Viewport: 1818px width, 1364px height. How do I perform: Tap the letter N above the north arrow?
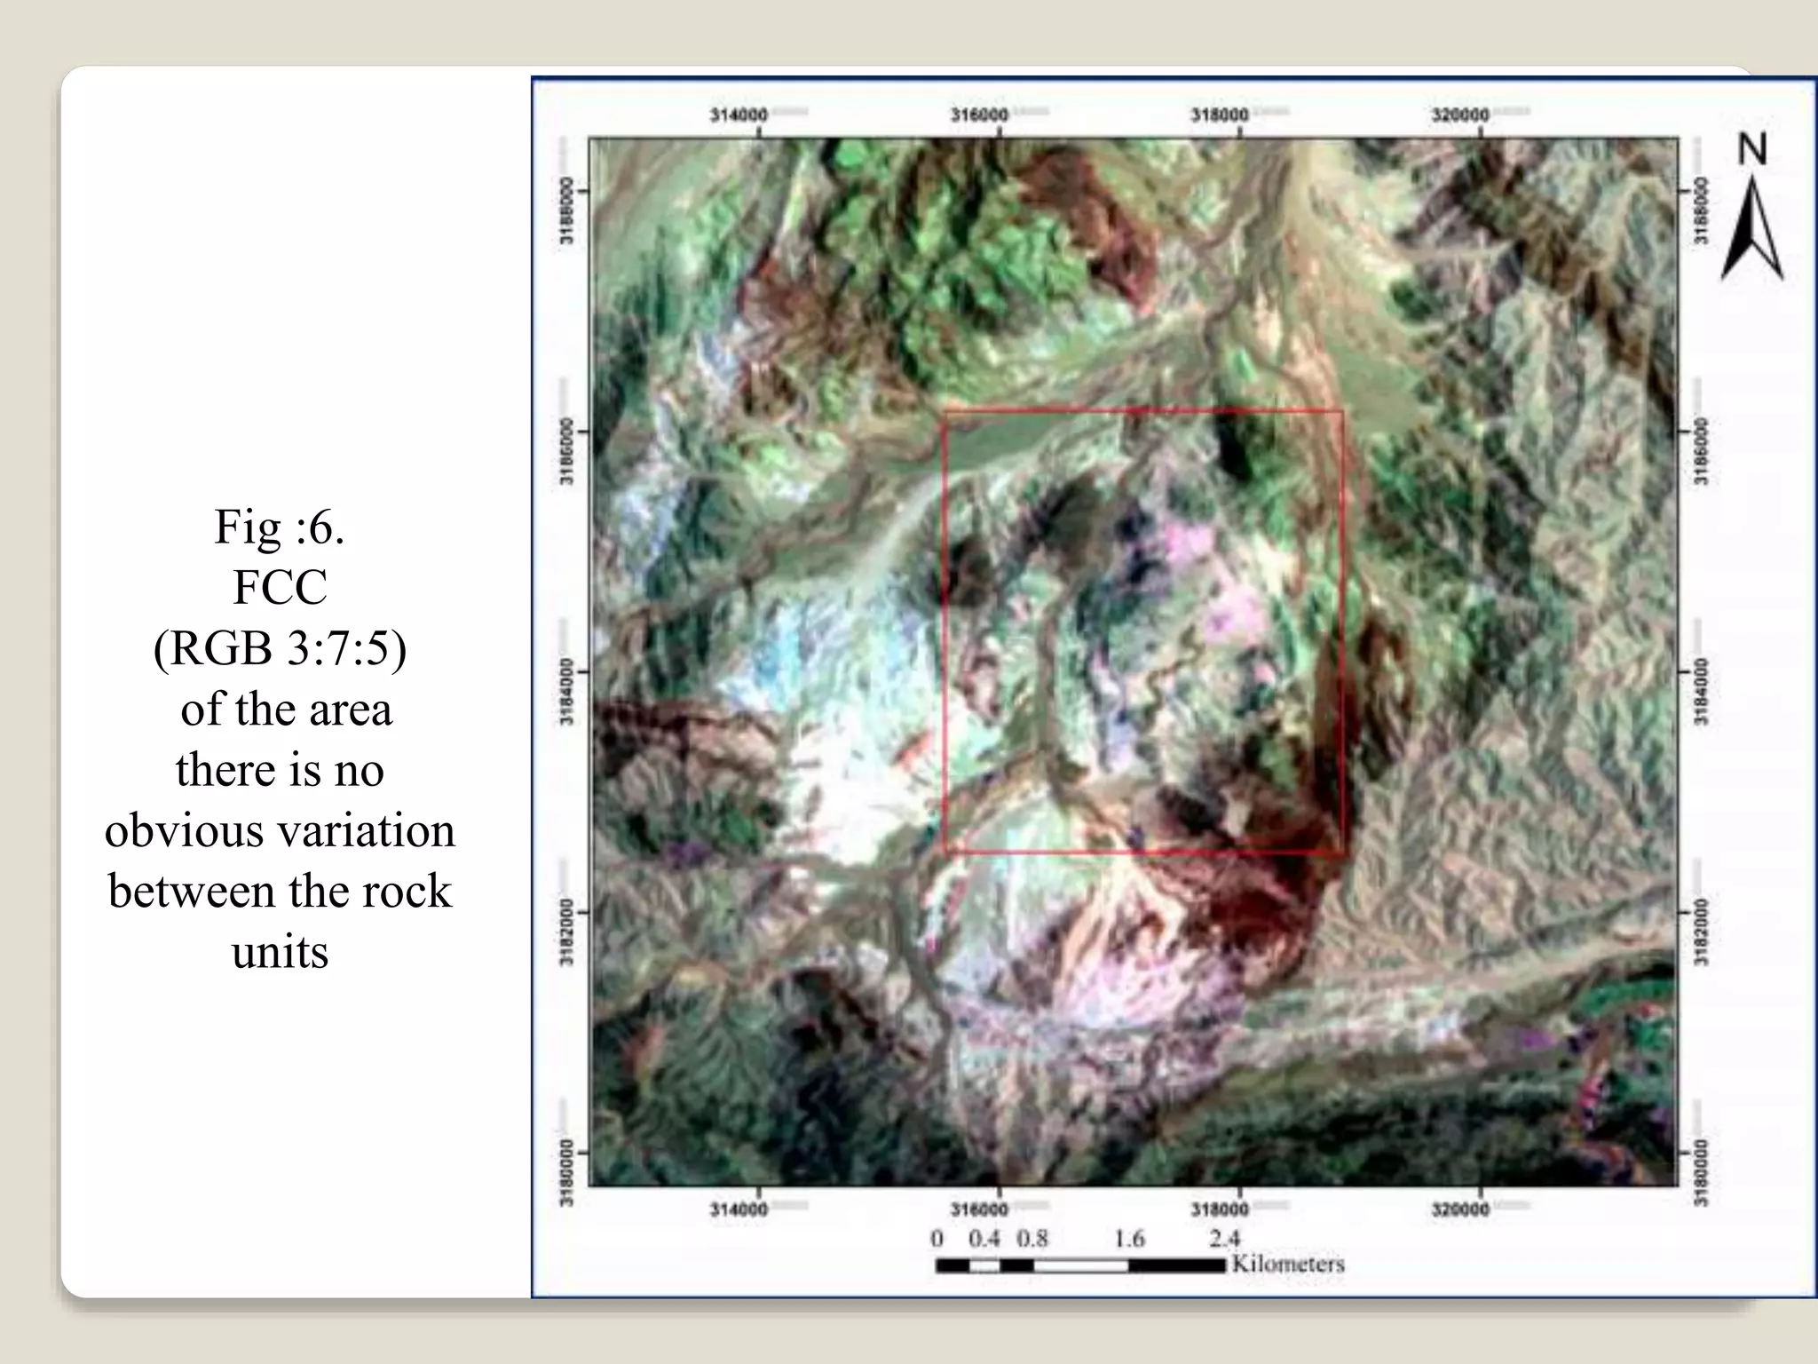point(1752,149)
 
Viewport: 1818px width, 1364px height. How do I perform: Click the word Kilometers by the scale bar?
point(1288,1264)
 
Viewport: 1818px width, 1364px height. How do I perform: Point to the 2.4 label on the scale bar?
point(1224,1238)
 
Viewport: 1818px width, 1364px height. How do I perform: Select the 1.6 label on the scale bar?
point(1129,1238)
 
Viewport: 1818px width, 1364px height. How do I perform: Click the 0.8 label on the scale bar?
point(1032,1238)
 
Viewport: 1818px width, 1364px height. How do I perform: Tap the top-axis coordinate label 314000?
point(739,115)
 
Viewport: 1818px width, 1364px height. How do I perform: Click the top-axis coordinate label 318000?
point(1220,115)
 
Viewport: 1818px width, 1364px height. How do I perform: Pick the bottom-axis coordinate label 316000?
point(979,1209)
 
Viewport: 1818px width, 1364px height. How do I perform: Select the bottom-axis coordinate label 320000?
point(1460,1209)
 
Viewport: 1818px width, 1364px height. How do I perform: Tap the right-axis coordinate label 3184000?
point(1701,693)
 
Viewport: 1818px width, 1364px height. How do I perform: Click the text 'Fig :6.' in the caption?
point(280,527)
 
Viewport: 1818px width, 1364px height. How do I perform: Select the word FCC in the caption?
point(280,587)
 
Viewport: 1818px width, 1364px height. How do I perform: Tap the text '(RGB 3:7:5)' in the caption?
point(280,648)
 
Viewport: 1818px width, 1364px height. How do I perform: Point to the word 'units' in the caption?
point(280,952)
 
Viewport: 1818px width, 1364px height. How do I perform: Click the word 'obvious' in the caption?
point(185,830)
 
